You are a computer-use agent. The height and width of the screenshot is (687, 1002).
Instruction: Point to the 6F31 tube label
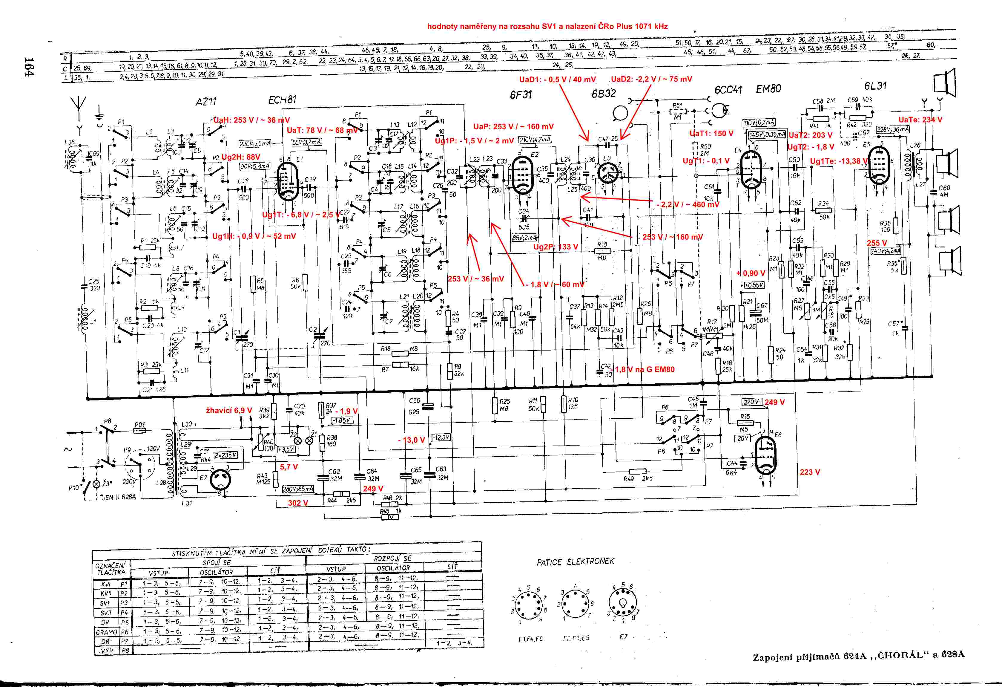pyautogui.click(x=520, y=94)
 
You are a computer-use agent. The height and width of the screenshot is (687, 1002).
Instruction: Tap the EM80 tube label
pyautogui.click(x=768, y=89)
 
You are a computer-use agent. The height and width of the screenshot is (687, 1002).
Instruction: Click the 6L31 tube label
pyautogui.click(x=875, y=86)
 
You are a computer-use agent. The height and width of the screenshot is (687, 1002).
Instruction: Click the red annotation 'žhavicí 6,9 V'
pyautogui.click(x=228, y=410)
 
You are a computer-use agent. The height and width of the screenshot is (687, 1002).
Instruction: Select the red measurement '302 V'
pyautogui.click(x=298, y=503)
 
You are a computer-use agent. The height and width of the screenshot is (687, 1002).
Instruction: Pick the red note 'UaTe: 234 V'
pyautogui.click(x=920, y=120)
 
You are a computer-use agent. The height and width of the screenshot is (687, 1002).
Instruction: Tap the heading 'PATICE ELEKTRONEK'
pyautogui.click(x=575, y=561)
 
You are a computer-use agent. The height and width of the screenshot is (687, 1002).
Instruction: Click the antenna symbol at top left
pyautogui.click(x=79, y=106)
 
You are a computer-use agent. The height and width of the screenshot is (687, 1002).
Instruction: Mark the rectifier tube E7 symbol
pyautogui.click(x=220, y=480)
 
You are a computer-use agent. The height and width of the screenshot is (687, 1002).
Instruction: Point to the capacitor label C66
pyautogui.click(x=414, y=401)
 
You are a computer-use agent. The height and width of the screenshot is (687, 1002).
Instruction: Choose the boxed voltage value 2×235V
pyautogui.click(x=225, y=455)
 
